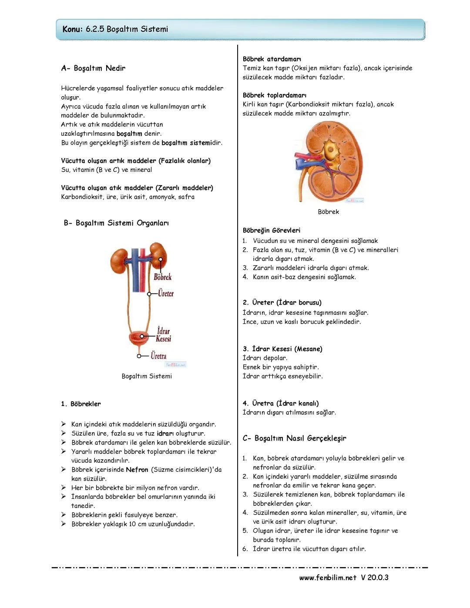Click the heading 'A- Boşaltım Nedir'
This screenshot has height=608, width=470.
point(93,68)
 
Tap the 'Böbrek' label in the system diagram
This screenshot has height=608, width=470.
point(163,277)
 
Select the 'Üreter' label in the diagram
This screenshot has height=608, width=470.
point(166,294)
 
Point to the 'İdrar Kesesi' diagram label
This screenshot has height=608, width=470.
point(164,335)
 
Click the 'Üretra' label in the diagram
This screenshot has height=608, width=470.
point(158,356)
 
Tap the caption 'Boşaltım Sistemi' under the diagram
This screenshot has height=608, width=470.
point(147,376)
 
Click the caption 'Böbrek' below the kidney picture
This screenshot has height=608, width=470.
point(328,212)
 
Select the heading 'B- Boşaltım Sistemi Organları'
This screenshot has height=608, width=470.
point(116,223)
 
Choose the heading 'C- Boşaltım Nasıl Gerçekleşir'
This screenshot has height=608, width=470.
point(295,438)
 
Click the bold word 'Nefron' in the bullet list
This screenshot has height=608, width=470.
point(137,470)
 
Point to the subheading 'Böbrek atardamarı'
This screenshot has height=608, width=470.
point(272,59)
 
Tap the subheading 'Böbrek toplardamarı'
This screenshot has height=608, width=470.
point(275,95)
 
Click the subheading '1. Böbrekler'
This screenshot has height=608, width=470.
point(81,404)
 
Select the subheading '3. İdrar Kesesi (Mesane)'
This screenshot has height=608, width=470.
point(282,349)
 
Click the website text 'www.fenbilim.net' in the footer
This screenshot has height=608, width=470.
point(328,578)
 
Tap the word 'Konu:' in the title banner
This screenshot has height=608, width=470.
point(72,29)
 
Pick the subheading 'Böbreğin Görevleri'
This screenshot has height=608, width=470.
point(272,231)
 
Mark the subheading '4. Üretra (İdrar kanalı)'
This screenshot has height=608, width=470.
point(281,403)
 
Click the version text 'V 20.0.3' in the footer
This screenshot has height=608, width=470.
point(375,578)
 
